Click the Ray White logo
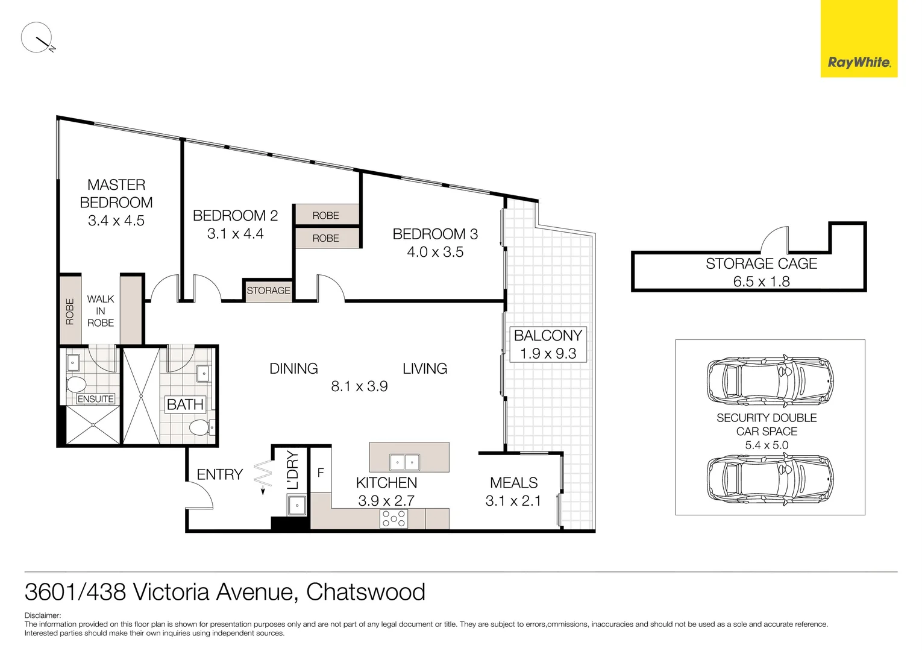point(859,62)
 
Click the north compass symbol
point(37,38)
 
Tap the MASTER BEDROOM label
point(116,193)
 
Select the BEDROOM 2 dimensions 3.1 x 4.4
point(235,234)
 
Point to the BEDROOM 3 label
point(435,234)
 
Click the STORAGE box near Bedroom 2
point(268,291)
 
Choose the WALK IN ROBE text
point(101,311)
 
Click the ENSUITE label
point(95,399)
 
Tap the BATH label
point(185,404)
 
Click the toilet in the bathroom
point(199,429)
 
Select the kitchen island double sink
point(404,462)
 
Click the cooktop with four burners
point(394,519)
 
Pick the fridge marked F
point(321,473)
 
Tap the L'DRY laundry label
point(293,470)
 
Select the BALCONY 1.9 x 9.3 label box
point(548,344)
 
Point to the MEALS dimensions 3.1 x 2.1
point(513,501)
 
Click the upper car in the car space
point(770,381)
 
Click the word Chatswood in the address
point(365,592)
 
